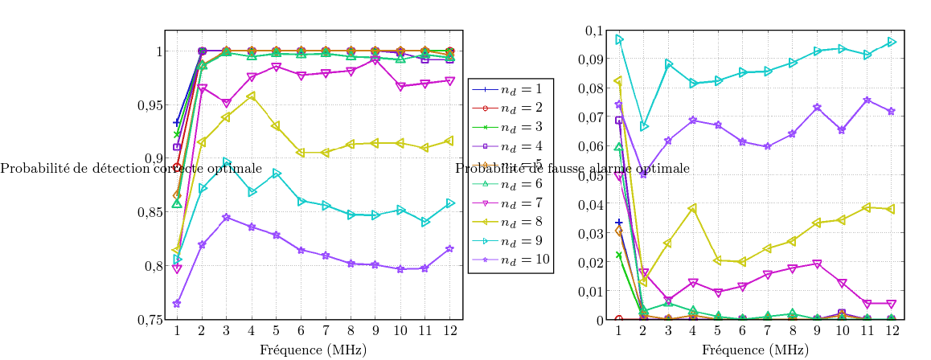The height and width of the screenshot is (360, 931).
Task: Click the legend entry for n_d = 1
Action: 510,88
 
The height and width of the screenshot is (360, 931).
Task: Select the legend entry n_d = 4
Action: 510,146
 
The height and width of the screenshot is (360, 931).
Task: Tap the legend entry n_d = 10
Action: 510,260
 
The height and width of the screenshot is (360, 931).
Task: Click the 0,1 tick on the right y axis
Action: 593,31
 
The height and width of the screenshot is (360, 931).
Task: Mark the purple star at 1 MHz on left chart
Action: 177,304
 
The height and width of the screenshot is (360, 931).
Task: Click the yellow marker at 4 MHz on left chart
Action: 252,96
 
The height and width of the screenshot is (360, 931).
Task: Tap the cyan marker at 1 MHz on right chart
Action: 619,39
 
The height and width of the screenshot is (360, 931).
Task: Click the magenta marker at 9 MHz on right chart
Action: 818,264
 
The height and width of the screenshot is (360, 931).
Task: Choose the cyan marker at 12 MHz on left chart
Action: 449,203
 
